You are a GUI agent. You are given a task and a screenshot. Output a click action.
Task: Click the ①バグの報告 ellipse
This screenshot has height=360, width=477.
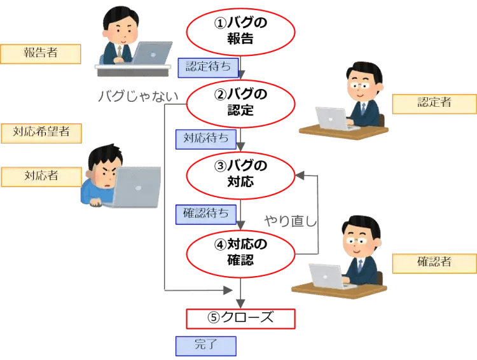(x=240, y=30)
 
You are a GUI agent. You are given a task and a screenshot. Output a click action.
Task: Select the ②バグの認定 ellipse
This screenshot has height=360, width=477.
(x=240, y=102)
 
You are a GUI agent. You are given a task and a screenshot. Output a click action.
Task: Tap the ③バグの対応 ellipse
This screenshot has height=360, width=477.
(x=240, y=174)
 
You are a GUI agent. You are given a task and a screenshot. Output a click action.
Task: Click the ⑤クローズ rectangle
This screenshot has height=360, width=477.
(x=240, y=318)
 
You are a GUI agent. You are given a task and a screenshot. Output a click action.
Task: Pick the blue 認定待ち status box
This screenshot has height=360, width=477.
(x=207, y=66)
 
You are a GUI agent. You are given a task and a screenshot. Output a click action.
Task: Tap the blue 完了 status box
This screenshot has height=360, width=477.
(x=205, y=345)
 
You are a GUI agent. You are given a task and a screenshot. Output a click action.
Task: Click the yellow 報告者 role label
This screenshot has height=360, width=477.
(x=40, y=53)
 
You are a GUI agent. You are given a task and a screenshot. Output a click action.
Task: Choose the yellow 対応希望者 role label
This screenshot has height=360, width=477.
(x=41, y=133)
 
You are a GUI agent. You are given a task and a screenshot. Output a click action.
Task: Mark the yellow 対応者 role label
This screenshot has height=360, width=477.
(x=41, y=176)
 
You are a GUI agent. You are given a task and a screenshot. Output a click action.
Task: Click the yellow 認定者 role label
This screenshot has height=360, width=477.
(x=434, y=103)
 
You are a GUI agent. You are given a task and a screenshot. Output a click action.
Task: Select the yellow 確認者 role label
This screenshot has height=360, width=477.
(x=434, y=261)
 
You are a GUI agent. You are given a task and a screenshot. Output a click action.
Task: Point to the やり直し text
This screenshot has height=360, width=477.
(x=291, y=221)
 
